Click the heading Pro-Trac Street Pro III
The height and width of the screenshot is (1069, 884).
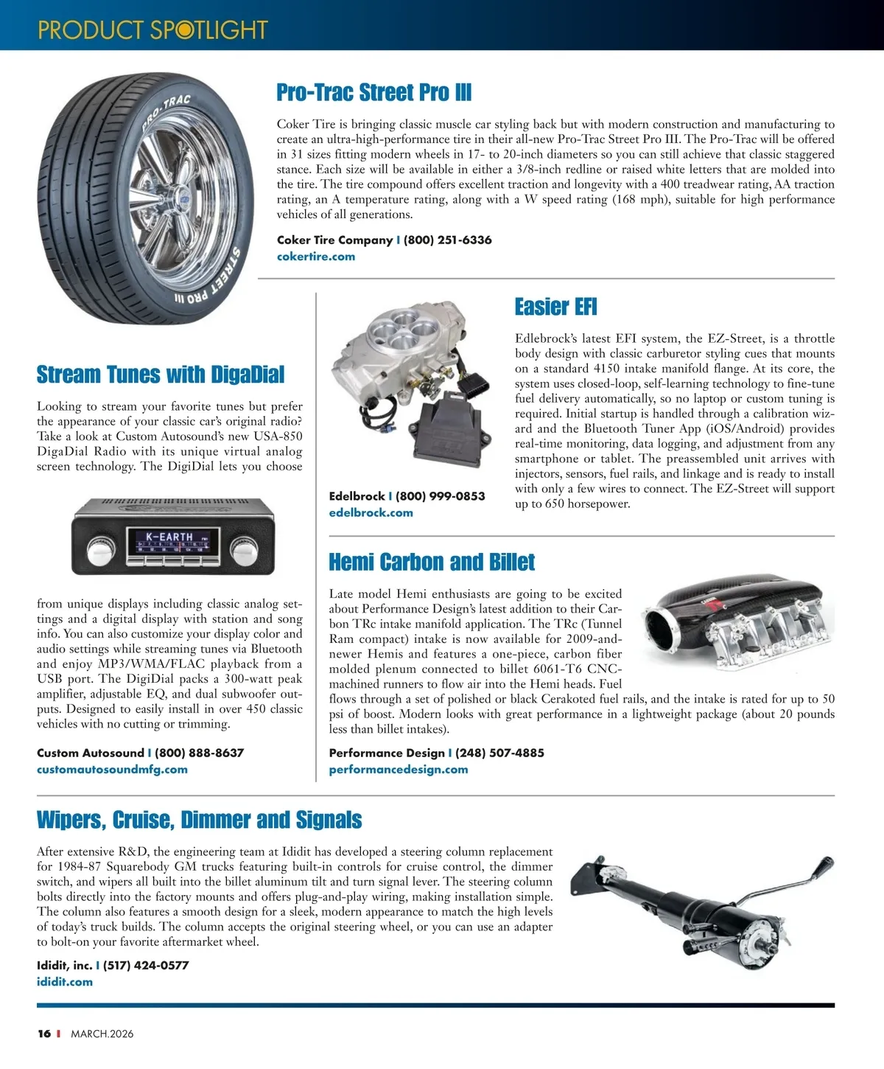pyautogui.click(x=373, y=93)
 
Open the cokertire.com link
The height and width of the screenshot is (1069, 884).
pyautogui.click(x=315, y=257)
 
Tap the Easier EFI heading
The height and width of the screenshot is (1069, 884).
pyautogui.click(x=555, y=307)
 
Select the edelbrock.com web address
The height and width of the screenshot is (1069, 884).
pyautogui.click(x=371, y=512)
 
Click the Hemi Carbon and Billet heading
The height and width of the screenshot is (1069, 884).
pyautogui.click(x=431, y=563)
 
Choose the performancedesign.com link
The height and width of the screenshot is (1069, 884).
pyautogui.click(x=398, y=769)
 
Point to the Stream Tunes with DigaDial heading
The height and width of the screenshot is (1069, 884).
pyautogui.click(x=160, y=375)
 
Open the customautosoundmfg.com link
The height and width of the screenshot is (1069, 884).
pyautogui.click(x=112, y=769)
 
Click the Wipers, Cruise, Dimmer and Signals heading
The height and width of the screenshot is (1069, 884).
pyautogui.click(x=199, y=820)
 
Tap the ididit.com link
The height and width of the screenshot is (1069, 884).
pyautogui.click(x=65, y=981)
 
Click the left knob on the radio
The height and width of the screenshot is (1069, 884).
pyautogui.click(x=98, y=550)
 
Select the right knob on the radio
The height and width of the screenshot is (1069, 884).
pyautogui.click(x=242, y=550)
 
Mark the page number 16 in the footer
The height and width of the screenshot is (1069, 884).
pyautogui.click(x=44, y=1034)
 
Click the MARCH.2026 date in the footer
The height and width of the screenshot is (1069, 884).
pyautogui.click(x=102, y=1034)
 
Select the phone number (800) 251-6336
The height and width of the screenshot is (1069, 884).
pyautogui.click(x=447, y=240)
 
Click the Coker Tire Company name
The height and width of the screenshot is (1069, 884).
pyautogui.click(x=334, y=240)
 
